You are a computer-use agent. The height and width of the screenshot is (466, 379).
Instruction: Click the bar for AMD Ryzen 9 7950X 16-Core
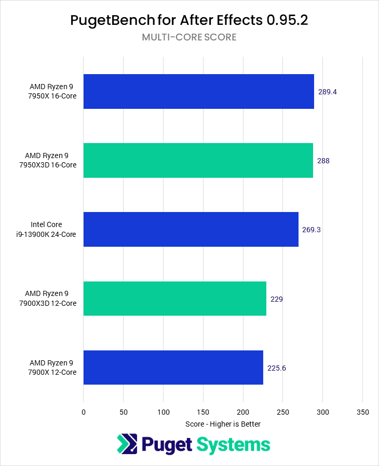[198, 91]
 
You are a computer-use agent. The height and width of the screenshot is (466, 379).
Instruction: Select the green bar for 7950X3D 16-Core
[198, 161]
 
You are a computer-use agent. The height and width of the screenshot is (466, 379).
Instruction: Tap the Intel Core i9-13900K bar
[191, 229]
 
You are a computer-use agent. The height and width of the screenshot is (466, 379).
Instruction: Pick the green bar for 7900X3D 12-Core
[174, 299]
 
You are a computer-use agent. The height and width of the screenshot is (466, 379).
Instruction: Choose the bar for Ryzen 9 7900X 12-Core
[173, 368]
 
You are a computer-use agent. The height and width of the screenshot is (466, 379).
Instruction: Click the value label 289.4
[328, 92]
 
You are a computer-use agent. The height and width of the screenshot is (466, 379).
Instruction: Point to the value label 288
[323, 161]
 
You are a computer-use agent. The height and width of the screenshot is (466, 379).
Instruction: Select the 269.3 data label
[312, 230]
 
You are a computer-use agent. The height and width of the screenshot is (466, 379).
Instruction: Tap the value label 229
[276, 299]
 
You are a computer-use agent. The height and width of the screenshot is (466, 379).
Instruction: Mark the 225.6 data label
[277, 368]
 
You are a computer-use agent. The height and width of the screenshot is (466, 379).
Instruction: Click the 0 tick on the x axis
[84, 412]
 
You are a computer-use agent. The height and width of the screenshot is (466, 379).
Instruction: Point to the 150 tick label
[203, 412]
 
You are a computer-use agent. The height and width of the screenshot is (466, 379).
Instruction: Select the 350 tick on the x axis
[362, 412]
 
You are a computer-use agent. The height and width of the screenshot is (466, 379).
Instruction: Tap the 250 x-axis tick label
[283, 412]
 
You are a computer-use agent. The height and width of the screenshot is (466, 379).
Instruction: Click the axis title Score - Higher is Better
[223, 424]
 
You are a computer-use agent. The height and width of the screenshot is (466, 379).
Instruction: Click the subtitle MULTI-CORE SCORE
[189, 37]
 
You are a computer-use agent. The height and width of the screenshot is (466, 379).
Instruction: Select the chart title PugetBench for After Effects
[189, 20]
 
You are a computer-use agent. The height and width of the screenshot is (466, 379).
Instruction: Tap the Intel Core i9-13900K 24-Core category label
[53, 230]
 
